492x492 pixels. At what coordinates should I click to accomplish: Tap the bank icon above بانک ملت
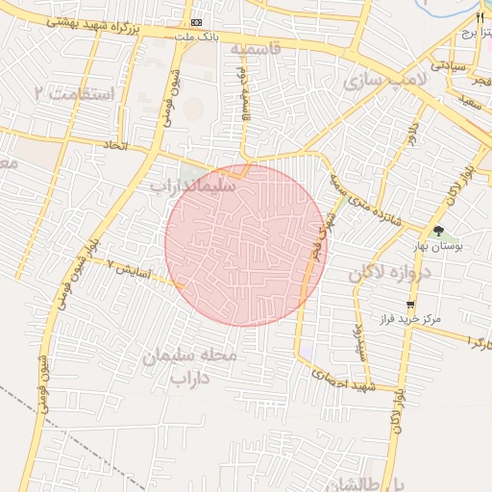197,22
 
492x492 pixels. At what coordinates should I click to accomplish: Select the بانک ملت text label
198,37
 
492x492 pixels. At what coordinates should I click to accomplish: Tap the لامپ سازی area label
384,82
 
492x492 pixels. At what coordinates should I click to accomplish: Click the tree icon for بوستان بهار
438,231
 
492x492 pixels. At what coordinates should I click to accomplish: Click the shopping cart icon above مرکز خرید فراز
410,304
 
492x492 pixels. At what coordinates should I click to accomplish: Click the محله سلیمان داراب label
203,366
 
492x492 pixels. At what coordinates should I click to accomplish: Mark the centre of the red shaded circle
246,245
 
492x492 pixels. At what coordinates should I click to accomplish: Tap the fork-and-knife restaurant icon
480,17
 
